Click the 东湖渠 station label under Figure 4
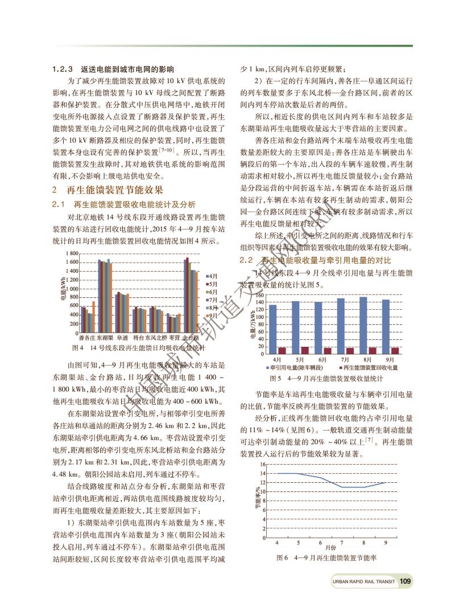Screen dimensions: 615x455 coord(105,338)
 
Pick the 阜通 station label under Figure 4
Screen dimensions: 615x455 coord(123,338)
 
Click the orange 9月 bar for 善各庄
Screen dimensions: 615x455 coord(94,317)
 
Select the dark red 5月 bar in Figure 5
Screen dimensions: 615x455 coord(305,350)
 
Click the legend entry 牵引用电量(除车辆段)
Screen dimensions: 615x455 coord(297,368)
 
